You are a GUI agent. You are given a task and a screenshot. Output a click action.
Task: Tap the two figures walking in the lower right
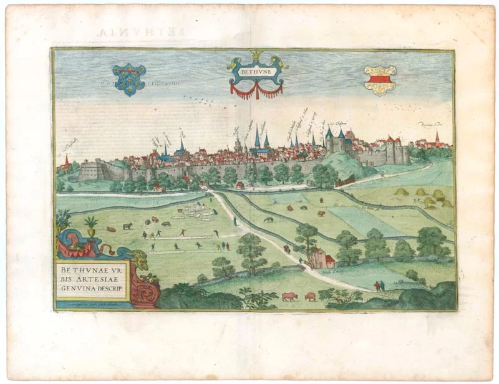379,286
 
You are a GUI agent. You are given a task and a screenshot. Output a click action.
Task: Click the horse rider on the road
287,249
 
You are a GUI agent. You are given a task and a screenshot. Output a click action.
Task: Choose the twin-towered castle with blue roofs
335,142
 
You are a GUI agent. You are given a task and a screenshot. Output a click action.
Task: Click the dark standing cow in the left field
127,226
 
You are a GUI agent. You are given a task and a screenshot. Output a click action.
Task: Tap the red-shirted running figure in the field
183,233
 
